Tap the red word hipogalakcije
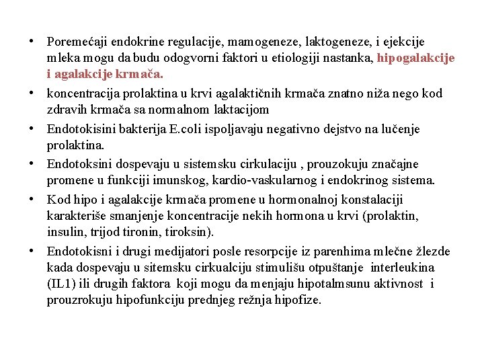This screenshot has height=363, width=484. pos(415,58)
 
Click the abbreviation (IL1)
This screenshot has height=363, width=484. pos(63,284)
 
